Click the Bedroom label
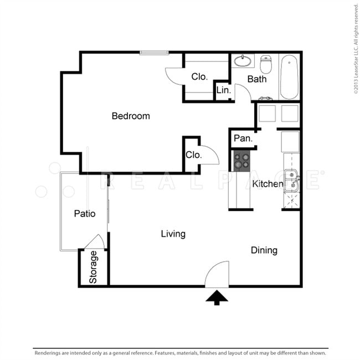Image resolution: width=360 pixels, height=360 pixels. click(131, 116)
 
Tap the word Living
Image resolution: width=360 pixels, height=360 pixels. click(173, 234)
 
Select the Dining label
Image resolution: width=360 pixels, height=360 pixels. click(264, 250)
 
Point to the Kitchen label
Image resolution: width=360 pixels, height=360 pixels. click(268, 184)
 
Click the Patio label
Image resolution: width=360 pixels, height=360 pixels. click(85, 214)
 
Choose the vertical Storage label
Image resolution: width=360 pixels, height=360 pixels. click(92, 267)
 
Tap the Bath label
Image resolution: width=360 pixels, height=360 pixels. click(257, 79)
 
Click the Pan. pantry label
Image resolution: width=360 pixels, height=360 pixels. click(243, 138)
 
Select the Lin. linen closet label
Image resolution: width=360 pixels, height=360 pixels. click(223, 90)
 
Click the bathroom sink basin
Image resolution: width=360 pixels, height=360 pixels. click(243, 61)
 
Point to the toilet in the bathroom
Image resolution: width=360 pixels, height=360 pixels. click(266, 64)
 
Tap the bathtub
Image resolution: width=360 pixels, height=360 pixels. click(289, 77)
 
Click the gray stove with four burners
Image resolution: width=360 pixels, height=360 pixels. click(242, 161)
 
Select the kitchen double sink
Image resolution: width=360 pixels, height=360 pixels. click(291, 181)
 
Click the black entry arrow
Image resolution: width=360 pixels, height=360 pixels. click(217, 297)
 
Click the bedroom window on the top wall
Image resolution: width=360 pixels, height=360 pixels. click(154, 53)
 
